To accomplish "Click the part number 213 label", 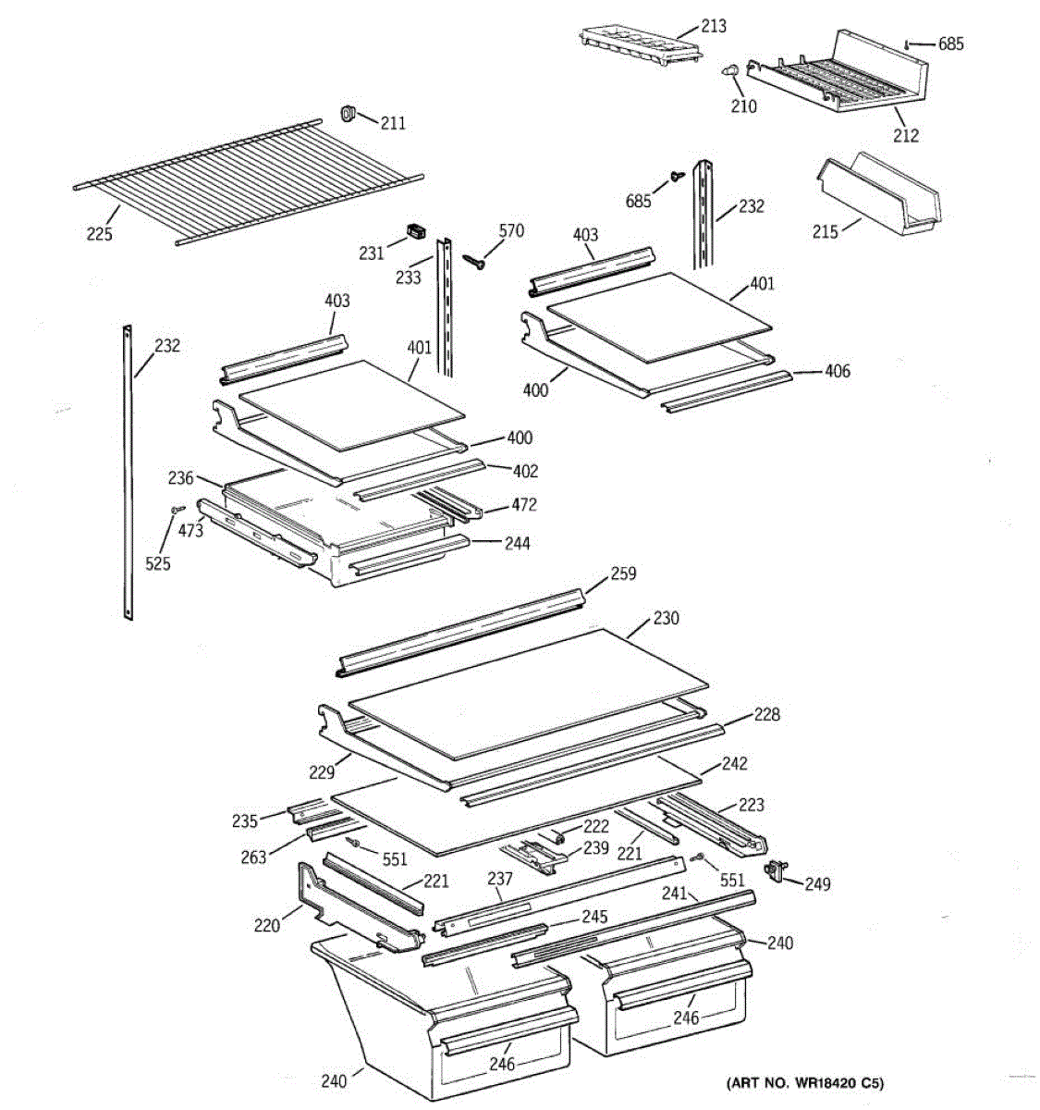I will click(x=713, y=26).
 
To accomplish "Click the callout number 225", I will click(x=99, y=234).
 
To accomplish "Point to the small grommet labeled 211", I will click(x=349, y=114).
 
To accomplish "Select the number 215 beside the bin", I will click(x=826, y=231).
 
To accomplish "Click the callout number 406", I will click(x=838, y=372).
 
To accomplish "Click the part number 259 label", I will click(x=623, y=574).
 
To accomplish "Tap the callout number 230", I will click(x=666, y=618).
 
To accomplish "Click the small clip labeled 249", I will click(x=773, y=869).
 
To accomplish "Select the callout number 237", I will click(x=500, y=878).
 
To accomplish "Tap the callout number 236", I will click(x=180, y=478).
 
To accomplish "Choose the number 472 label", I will click(x=523, y=505).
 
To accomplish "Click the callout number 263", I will click(x=254, y=857).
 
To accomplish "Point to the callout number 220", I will click(x=266, y=924).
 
